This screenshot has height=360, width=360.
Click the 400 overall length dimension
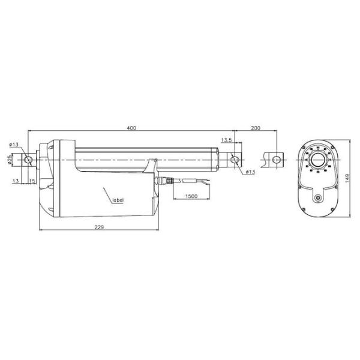[131, 128]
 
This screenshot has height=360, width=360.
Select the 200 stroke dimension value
[256, 128]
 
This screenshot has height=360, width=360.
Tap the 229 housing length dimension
[99, 227]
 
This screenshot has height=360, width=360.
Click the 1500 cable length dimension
[191, 196]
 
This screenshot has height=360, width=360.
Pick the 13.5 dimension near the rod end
[227, 140]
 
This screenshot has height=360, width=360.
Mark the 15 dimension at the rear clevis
[32, 181]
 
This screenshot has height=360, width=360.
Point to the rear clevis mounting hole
[28, 160]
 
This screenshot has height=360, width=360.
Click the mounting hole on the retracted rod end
[234, 160]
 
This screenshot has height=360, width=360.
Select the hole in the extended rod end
[276, 160]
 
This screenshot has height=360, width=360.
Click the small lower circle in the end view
[316, 198]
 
